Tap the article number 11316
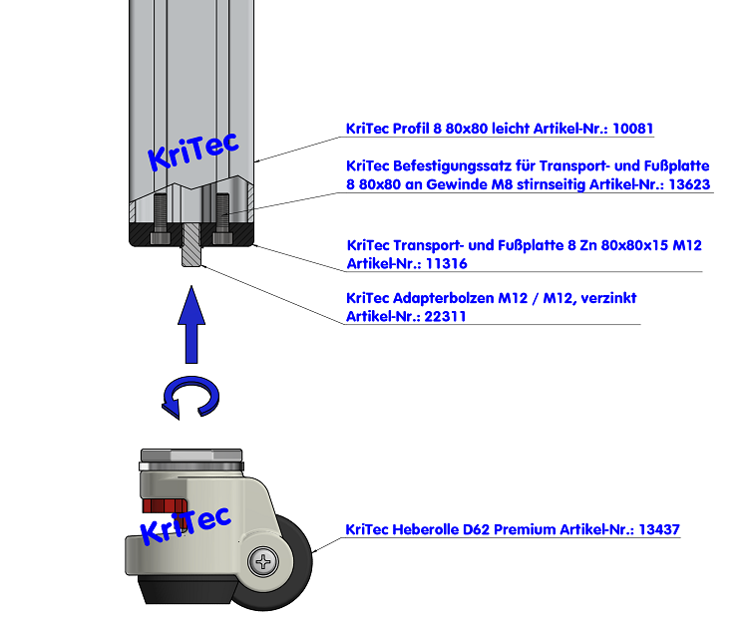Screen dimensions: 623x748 pos(446,264)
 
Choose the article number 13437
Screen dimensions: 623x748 pos(658,530)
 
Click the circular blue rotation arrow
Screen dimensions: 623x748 pos(190,398)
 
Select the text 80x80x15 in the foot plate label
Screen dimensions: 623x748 pos(617,245)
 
